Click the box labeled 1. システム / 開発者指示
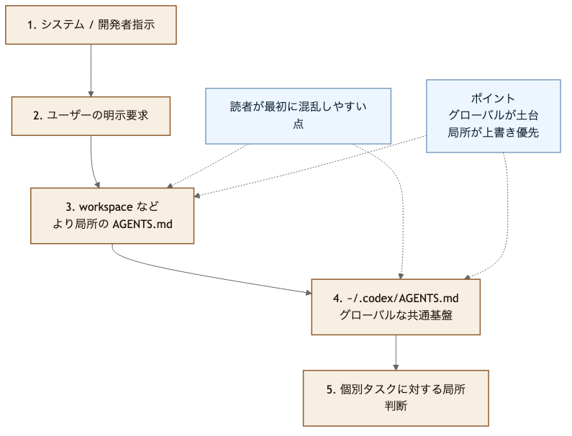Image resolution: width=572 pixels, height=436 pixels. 91,25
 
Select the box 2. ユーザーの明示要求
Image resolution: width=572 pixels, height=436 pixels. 91,115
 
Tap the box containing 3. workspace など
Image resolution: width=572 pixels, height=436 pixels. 112,215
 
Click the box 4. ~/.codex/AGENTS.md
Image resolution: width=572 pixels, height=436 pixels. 396,306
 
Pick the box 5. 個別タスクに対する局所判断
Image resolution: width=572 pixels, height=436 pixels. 396,398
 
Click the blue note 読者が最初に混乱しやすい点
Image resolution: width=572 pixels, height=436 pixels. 298,115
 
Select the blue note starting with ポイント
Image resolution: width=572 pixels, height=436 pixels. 493,115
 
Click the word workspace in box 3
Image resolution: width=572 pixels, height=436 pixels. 105,207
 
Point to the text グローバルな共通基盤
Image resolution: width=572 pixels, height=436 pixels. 396,315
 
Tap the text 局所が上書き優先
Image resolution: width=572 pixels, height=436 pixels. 493,132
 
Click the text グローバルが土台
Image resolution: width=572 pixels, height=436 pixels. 493,115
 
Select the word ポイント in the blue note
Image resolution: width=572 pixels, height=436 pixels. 493,99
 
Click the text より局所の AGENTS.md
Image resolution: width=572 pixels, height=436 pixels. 112,224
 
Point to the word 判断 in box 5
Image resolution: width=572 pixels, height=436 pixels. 396,407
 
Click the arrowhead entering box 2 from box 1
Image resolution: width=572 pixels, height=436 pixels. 91,93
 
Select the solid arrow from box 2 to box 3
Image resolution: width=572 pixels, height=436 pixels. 94,162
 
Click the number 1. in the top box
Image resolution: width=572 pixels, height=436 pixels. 32,25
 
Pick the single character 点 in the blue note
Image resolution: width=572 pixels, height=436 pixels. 298,124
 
